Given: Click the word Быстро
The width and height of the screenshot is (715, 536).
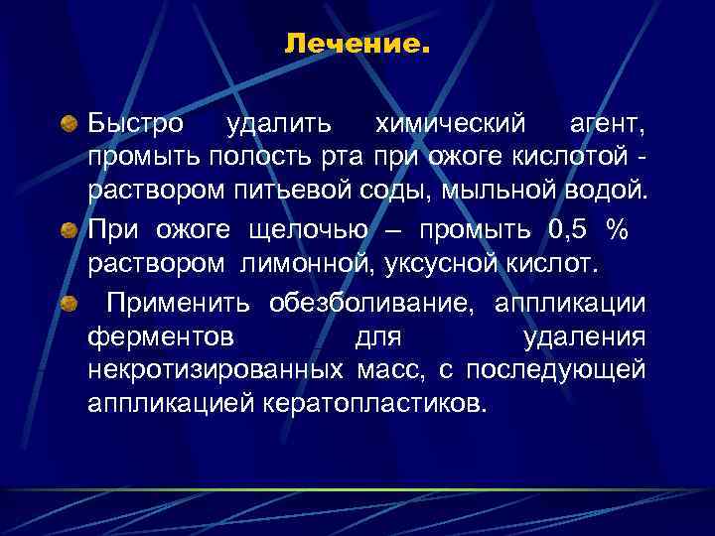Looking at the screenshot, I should (134, 126).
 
